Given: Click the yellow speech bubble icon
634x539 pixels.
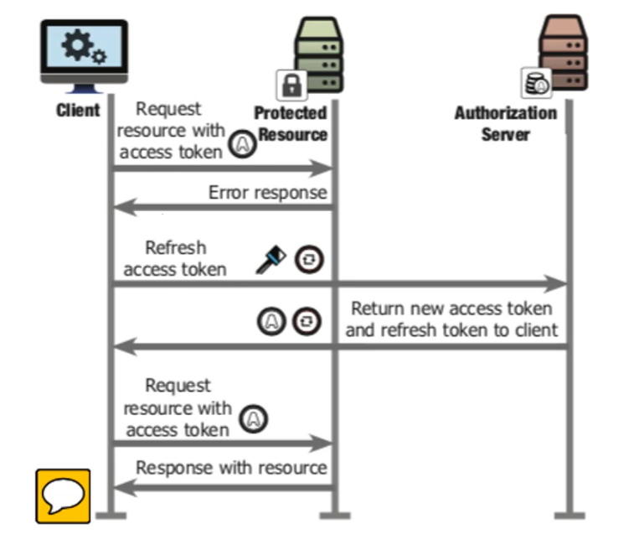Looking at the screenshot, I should coord(62,495).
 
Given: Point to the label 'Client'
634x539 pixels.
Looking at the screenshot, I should coord(78,111).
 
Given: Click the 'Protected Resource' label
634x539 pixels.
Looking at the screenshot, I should coord(291,123).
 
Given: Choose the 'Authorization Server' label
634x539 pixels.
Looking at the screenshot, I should coord(505,123).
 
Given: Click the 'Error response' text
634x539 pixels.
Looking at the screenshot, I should coord(267,192).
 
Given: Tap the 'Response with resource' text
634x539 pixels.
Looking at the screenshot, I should coord(231,467).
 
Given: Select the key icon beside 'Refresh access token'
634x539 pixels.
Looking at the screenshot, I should coord(271,261).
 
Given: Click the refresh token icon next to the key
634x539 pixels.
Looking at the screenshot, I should coord(307,260).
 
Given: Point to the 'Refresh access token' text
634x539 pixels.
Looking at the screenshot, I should coord(174,258).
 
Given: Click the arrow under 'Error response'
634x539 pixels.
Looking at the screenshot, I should coord(222,208).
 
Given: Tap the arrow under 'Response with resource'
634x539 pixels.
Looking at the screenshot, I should coord(222,487).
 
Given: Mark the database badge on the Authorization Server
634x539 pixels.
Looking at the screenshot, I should coord(535,83).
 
